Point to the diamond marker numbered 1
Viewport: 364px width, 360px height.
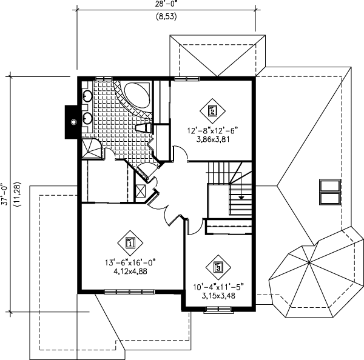(x=130, y=244)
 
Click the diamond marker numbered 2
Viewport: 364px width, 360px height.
(x=212, y=110)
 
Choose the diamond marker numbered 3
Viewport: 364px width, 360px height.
(x=218, y=266)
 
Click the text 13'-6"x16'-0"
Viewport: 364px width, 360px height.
(x=130, y=262)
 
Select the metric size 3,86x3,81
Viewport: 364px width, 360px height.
(x=212, y=138)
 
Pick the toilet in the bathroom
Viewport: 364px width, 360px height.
(x=143, y=127)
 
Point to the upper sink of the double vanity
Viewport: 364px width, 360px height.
(x=87, y=95)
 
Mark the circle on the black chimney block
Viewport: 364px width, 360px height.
(x=74, y=122)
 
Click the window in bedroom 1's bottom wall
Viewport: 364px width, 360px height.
(x=129, y=292)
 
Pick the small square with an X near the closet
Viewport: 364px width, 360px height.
(x=141, y=190)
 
